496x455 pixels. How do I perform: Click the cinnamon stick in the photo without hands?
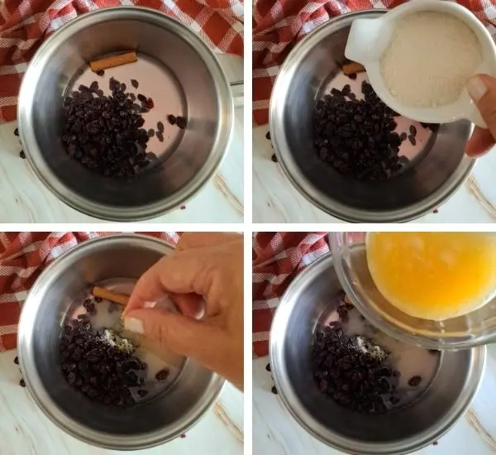(x=113, y=61)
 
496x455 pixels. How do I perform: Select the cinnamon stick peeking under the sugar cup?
(x=354, y=68)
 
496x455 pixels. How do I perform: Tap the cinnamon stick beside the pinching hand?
(x=109, y=295)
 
